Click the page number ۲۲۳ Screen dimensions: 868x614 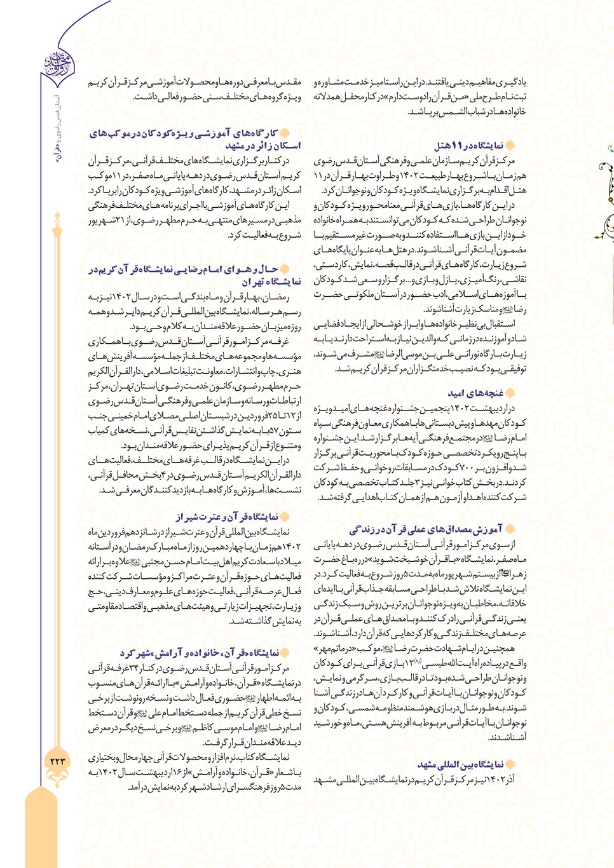click(58, 760)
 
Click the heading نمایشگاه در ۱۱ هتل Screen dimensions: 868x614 click(468, 146)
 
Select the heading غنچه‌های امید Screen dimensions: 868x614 click(476, 393)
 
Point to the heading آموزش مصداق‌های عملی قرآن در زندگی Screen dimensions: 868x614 click(426, 529)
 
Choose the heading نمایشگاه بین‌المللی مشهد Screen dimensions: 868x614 click(461, 764)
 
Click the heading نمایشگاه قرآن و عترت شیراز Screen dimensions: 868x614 click(227, 517)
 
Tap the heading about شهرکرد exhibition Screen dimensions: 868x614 click(200, 653)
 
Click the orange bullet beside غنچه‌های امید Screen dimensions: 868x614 click(510, 393)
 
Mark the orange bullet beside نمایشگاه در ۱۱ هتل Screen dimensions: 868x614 click(510, 146)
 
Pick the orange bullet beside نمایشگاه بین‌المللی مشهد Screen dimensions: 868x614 click(510, 764)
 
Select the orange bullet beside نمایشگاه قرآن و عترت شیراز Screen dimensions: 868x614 click(285, 517)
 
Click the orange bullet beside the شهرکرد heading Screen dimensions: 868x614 click(285, 653)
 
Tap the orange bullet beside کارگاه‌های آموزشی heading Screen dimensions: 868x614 click(285, 133)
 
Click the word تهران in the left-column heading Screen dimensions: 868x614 click(254, 281)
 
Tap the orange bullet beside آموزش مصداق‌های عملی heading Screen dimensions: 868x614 click(510, 529)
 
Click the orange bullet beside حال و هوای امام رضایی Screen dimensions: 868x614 click(285, 269)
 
